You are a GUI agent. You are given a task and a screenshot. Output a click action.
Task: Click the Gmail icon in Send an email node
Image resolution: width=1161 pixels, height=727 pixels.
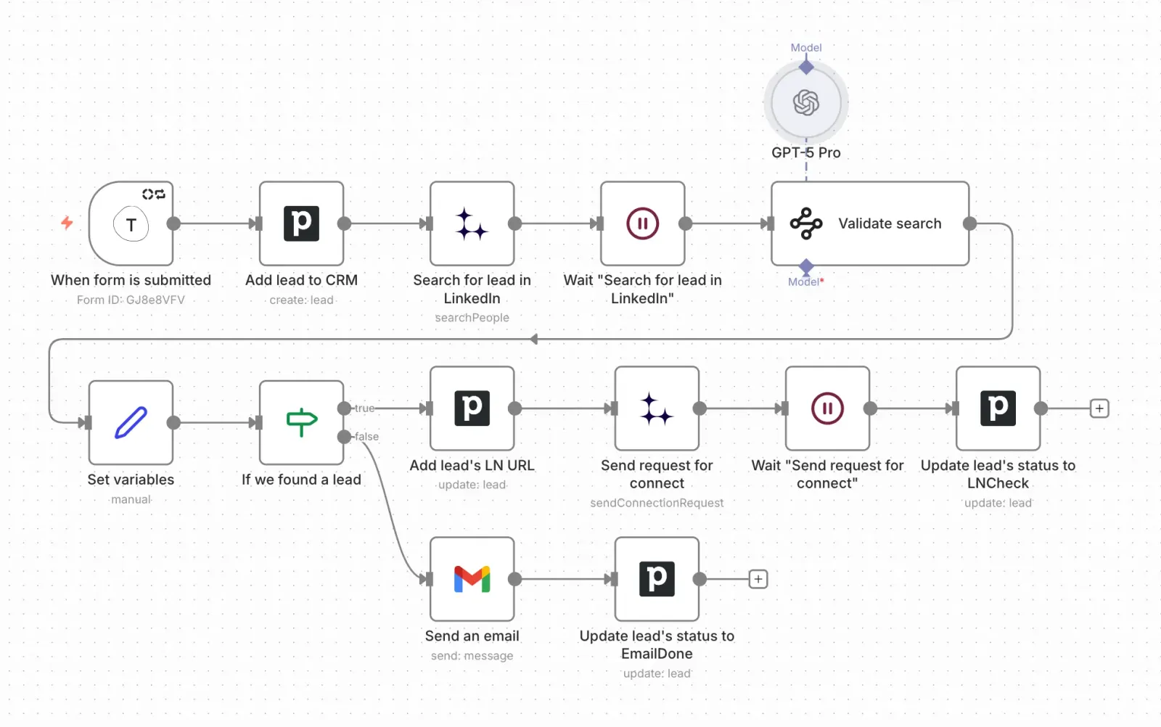(x=472, y=579)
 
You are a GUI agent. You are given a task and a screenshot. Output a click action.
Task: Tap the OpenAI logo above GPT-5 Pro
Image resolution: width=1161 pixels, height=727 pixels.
(x=805, y=102)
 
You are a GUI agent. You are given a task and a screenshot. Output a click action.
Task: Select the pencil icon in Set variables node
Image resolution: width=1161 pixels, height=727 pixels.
(x=131, y=422)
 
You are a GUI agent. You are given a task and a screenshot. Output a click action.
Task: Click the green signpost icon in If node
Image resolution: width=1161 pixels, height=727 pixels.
(x=301, y=422)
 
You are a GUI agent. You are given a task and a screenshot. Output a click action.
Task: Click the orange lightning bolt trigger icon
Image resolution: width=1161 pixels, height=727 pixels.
(x=67, y=223)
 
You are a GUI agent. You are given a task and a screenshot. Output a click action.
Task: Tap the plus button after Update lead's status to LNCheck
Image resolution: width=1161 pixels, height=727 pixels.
(x=1099, y=408)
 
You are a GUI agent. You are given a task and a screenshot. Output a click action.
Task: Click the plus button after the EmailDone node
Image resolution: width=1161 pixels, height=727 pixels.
(x=758, y=579)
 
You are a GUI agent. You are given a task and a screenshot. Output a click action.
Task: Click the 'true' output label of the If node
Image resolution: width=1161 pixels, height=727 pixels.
(x=364, y=408)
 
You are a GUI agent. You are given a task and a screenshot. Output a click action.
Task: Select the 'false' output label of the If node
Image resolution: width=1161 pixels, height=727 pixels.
(x=366, y=437)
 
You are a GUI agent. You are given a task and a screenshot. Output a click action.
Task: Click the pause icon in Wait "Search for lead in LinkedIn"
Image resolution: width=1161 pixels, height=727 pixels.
(x=642, y=223)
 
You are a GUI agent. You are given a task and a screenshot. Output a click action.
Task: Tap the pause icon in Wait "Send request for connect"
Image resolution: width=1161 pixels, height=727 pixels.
(x=827, y=408)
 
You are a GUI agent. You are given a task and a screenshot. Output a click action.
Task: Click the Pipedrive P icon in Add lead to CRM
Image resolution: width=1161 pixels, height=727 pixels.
(x=301, y=223)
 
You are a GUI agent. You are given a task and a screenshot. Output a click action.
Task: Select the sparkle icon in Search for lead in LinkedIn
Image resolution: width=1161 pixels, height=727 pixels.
(x=472, y=223)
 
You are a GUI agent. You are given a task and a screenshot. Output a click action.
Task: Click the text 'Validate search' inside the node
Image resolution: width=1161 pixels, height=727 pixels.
(x=890, y=223)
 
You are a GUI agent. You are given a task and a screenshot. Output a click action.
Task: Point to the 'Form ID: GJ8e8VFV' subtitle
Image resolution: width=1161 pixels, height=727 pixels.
(x=131, y=300)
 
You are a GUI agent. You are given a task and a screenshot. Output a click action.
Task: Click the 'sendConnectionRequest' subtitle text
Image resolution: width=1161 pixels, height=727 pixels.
(x=657, y=503)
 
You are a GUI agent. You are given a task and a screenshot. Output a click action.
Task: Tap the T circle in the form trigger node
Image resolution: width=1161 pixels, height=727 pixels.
(x=131, y=225)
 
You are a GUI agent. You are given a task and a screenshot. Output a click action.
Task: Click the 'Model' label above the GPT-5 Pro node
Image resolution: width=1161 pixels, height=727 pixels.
(x=805, y=47)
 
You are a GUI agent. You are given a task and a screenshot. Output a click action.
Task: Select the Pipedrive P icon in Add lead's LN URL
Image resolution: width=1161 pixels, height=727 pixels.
(x=472, y=408)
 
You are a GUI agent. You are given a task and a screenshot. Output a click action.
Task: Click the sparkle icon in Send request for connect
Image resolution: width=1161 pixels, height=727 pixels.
(x=657, y=408)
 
